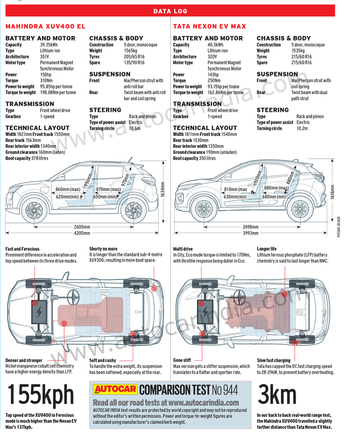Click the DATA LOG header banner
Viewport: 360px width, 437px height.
[170, 11]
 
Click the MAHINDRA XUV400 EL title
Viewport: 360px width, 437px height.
[45, 26]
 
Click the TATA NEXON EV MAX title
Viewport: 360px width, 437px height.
[209, 26]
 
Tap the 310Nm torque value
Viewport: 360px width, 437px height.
[46, 81]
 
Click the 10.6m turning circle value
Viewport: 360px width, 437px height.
[135, 129]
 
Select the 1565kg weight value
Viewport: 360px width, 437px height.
[131, 51]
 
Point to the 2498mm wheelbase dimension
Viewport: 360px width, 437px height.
[250, 227]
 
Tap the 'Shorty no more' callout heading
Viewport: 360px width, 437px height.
[103, 249]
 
